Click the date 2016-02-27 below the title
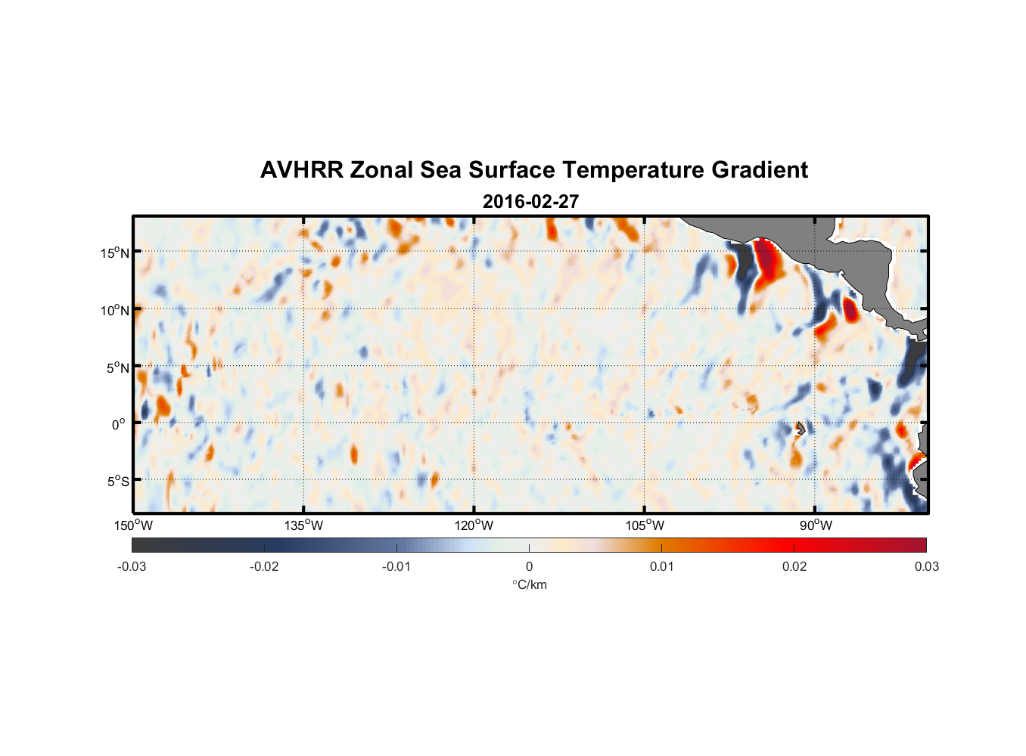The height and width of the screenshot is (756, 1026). pyautogui.click(x=530, y=202)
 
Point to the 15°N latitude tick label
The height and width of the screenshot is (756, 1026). pyautogui.click(x=115, y=253)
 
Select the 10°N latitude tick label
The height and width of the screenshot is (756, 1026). pyautogui.click(x=115, y=310)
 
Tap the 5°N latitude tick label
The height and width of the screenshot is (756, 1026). pyautogui.click(x=117, y=367)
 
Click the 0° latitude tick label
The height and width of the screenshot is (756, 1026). pyautogui.click(x=119, y=424)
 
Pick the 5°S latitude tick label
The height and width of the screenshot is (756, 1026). pyautogui.click(x=117, y=482)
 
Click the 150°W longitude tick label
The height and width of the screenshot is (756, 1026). pyautogui.click(x=133, y=525)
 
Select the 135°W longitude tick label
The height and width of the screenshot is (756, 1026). pyautogui.click(x=303, y=525)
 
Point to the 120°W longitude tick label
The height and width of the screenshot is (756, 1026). pyautogui.click(x=474, y=525)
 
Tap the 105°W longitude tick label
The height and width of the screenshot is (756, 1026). pyautogui.click(x=645, y=525)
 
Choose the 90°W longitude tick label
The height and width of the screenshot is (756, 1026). pyautogui.click(x=816, y=525)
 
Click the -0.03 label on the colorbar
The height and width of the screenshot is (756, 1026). pyautogui.click(x=132, y=566)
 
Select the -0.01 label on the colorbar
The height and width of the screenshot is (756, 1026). pyautogui.click(x=396, y=566)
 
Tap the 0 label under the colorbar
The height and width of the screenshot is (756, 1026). pyautogui.click(x=529, y=566)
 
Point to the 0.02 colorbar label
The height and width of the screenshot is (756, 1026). pyautogui.click(x=794, y=566)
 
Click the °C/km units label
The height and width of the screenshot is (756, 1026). pyautogui.click(x=529, y=584)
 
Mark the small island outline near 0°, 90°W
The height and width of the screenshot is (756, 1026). pyautogui.click(x=801, y=429)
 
